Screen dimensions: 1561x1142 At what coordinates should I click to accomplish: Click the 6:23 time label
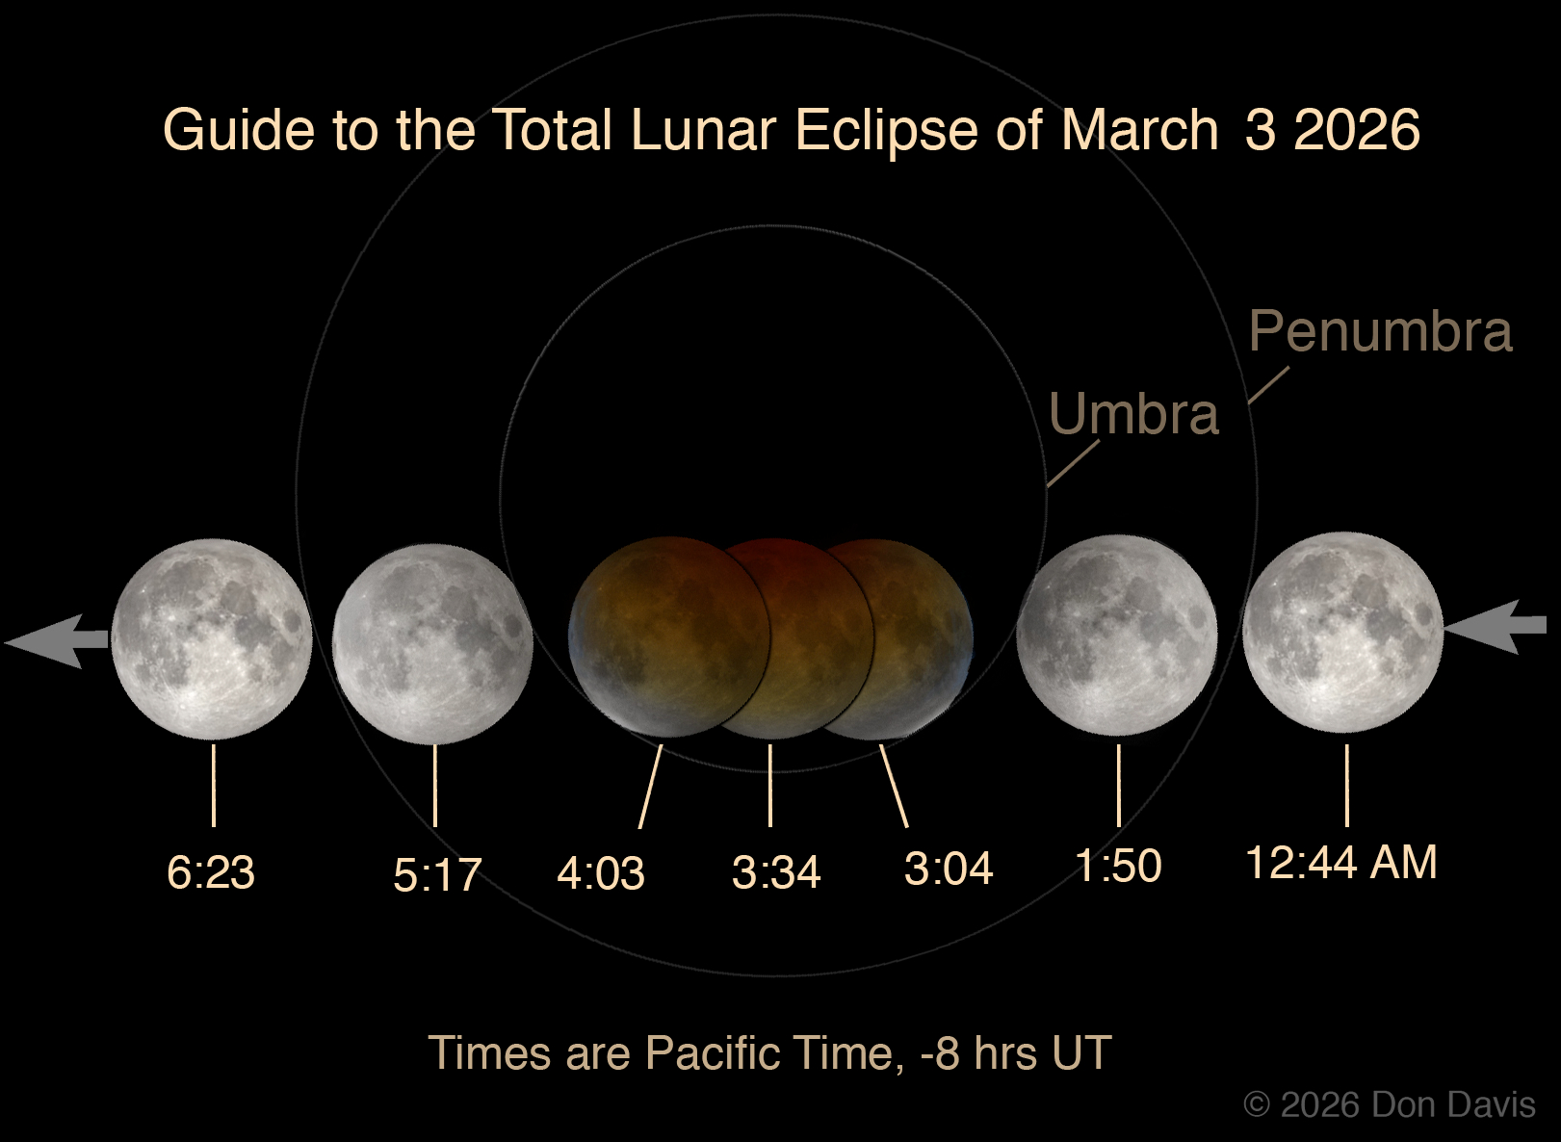coord(211,871)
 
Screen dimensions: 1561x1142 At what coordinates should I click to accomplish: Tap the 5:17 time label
coord(437,874)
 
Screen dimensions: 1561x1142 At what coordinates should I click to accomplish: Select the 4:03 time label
coord(601,872)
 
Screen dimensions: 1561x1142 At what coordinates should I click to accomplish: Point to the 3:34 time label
coord(775,871)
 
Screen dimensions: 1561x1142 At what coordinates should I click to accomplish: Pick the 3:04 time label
coord(948,869)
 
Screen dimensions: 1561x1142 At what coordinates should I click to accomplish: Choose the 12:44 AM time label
coord(1340,862)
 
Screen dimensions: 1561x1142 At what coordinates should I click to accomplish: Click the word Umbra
coord(1133,414)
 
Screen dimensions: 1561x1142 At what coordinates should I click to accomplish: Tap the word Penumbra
coord(1381,330)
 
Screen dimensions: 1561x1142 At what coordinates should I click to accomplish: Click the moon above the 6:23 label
coord(212,639)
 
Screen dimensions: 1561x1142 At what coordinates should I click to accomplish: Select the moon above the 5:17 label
coord(432,644)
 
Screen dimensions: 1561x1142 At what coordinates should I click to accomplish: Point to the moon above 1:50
coord(1117,635)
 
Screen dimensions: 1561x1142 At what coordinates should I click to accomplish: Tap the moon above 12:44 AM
coord(1342,632)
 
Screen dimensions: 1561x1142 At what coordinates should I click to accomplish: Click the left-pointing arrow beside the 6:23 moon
coord(57,641)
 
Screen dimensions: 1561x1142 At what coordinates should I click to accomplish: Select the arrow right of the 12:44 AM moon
coord(1496,627)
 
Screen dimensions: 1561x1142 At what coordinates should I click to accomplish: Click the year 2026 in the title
coord(1356,129)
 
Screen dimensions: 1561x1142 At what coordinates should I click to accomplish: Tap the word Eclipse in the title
coord(886,130)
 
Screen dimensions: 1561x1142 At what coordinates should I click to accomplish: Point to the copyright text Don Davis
coord(1454,1105)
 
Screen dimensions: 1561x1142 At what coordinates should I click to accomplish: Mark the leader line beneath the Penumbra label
coord(1268,385)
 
